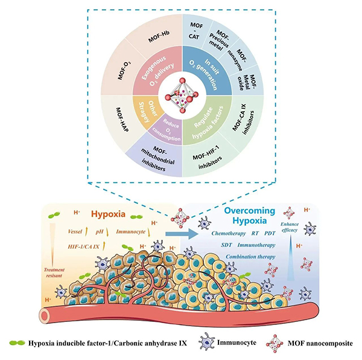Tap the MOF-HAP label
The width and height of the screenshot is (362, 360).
pos(125,116)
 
